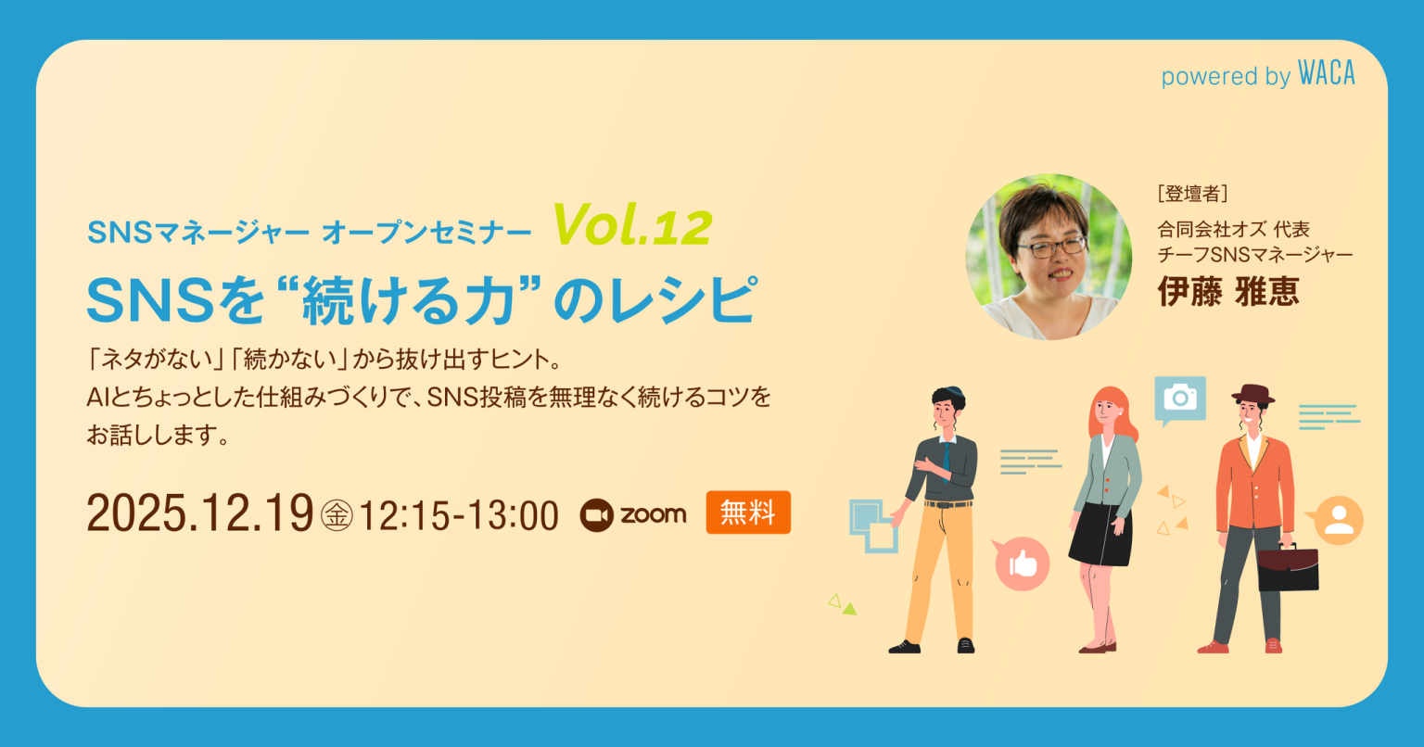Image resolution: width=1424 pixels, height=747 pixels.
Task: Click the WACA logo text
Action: coord(1326,74)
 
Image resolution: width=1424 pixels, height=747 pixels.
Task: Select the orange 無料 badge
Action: coord(748,513)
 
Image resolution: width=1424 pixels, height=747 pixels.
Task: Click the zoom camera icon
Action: coord(597,515)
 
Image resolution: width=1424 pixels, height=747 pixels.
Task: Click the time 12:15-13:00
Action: coord(458,515)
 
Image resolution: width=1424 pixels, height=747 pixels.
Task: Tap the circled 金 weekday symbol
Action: coord(337,515)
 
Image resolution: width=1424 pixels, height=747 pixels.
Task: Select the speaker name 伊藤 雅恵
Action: coord(1227,291)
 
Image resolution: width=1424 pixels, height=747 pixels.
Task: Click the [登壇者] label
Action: coord(1192,194)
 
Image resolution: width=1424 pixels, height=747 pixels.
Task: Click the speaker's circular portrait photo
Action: coord(1049,257)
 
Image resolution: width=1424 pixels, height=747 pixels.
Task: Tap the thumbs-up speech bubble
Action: coord(1022,563)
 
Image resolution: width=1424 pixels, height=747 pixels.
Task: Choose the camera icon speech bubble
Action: coord(1179,399)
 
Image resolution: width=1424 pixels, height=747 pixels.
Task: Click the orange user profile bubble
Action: coord(1338,520)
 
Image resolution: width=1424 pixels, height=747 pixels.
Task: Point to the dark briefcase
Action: coord(1288,568)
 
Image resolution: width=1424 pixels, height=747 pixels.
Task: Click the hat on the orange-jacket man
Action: coord(1252,393)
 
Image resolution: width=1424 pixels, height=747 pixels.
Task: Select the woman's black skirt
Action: coord(1101,535)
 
